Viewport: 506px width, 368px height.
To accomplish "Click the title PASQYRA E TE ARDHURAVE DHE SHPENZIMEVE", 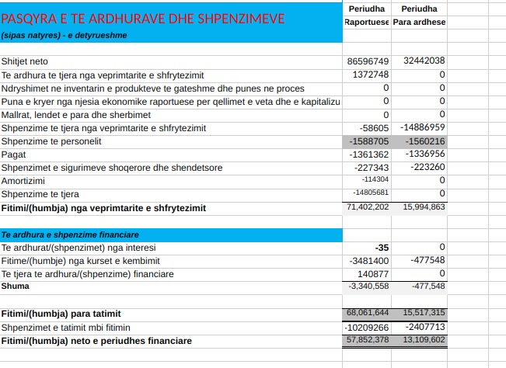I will [143, 18].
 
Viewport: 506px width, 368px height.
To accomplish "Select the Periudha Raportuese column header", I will [367, 15].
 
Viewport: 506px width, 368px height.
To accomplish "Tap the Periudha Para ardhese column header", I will [419, 15].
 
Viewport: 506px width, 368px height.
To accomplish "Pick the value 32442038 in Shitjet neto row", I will [424, 61].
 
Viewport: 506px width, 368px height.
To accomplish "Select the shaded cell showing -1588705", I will [370, 142].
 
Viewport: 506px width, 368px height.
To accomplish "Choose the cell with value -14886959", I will [422, 127].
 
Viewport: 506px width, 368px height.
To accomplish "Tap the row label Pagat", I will [14, 154].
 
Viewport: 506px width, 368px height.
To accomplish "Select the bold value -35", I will [382, 247].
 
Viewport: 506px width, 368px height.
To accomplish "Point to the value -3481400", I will [368, 261].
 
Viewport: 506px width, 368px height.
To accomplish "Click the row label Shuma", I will [15, 286].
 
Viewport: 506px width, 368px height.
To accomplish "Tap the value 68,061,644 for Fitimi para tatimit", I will [368, 312].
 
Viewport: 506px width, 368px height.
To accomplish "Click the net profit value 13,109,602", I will [424, 340].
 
